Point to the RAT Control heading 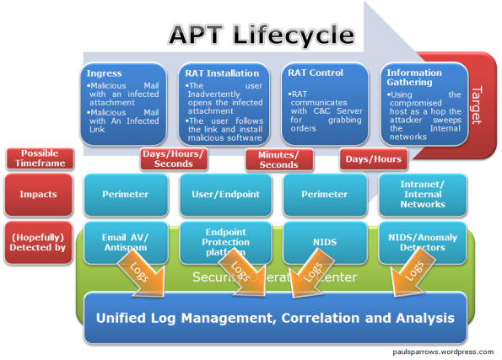[316, 73]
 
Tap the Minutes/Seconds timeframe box [278, 159]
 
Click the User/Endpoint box [222, 193]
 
